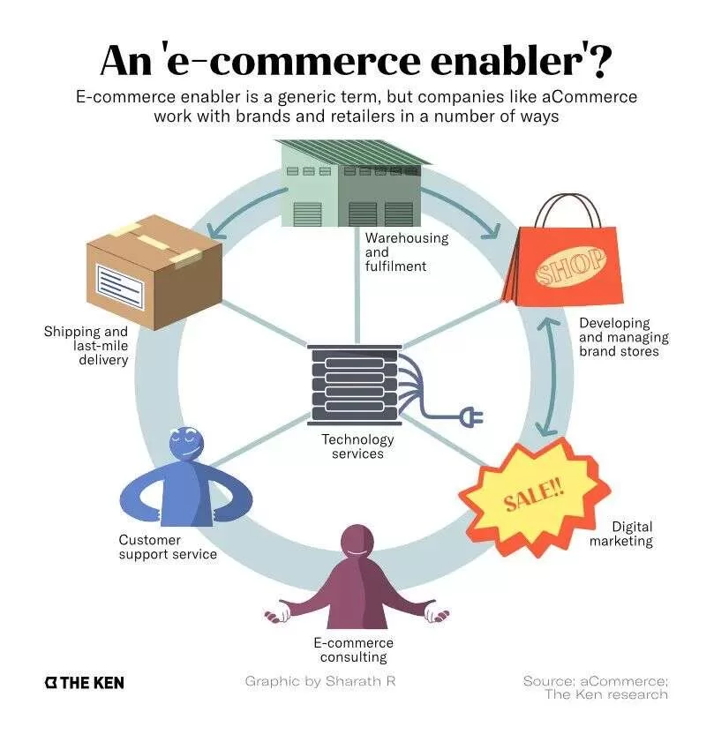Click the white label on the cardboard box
[x=120, y=287]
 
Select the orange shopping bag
[x=563, y=258]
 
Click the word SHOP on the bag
[x=570, y=266]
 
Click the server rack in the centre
[x=355, y=386]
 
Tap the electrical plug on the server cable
[x=471, y=416]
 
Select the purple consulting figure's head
[x=357, y=543]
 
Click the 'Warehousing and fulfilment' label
[x=406, y=251]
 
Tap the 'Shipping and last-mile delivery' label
[x=86, y=346]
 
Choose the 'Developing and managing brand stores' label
[x=624, y=337]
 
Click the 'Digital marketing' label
[x=621, y=534]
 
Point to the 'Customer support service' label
[x=168, y=547]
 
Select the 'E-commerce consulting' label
[x=353, y=649]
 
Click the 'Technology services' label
[x=357, y=446]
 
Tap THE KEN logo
[x=84, y=683]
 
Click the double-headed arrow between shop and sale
[x=552, y=376]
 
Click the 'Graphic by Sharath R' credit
[x=320, y=681]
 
